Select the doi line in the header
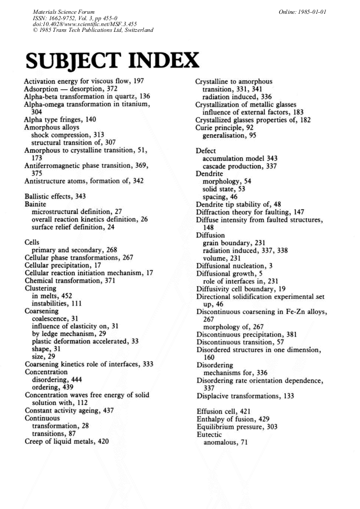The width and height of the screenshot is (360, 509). (80, 24)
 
